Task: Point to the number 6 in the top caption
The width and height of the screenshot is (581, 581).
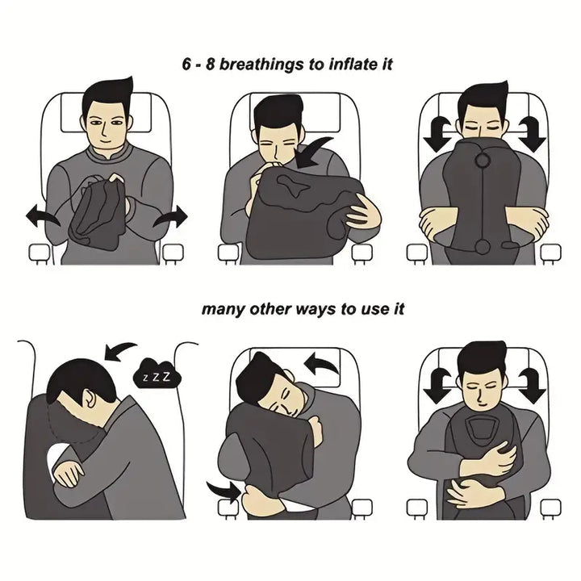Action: pos(187,64)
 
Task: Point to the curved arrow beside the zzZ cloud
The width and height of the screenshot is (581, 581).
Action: pos(119,350)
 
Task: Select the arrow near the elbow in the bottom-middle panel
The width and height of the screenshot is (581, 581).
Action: pos(224,489)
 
